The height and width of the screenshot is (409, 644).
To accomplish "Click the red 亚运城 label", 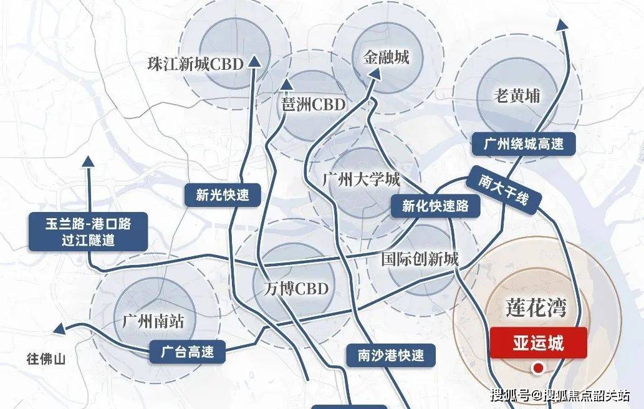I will click(539, 342).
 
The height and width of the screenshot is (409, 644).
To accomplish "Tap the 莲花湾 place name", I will click(538, 308).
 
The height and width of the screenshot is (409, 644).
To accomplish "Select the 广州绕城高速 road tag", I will click(524, 144).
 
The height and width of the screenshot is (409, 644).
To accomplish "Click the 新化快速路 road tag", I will click(435, 206).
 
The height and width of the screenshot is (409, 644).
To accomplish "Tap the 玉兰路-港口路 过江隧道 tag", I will click(88, 231).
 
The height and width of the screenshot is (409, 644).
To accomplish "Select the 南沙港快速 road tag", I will click(391, 355).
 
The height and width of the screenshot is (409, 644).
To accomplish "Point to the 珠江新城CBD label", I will click(195, 64).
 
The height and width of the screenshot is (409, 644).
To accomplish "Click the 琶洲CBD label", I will click(313, 104).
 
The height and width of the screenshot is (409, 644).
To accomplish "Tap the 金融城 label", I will click(387, 57).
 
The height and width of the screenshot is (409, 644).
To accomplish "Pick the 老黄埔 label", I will click(516, 96).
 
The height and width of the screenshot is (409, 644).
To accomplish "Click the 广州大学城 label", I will click(362, 180).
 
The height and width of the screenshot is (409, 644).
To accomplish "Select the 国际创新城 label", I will click(420, 259).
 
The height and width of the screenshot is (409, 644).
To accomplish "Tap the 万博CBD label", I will click(291, 289).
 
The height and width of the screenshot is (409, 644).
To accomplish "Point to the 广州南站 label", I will click(153, 322).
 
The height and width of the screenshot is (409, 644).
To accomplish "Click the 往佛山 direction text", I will click(46, 359).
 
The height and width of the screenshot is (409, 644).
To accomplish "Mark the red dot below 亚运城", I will click(536, 370).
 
